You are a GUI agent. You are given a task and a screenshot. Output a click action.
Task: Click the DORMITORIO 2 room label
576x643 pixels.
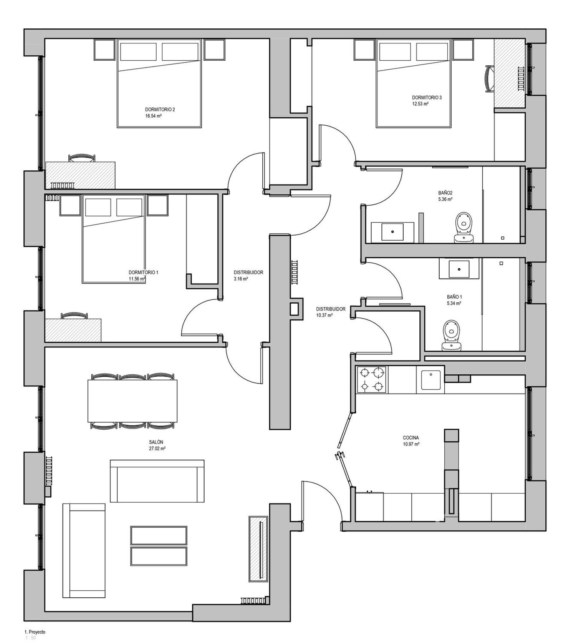click(160, 110)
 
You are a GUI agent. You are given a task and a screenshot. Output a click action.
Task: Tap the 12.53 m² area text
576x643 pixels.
click(420, 104)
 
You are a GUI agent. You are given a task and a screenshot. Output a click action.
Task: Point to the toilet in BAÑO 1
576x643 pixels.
click(452, 335)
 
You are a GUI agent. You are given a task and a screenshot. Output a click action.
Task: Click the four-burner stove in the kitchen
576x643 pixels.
click(372, 379)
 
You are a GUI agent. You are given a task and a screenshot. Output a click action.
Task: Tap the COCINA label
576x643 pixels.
click(411, 438)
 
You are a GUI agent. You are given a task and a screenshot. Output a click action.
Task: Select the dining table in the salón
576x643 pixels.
click(132, 400)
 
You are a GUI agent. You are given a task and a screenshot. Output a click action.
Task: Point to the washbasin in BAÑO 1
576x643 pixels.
click(459, 269)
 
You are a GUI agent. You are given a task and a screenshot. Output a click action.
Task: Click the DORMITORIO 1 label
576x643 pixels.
click(143, 272)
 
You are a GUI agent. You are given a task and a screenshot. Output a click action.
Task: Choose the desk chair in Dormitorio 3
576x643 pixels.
click(489, 79)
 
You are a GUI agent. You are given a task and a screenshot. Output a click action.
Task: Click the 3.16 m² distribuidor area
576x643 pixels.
click(241, 279)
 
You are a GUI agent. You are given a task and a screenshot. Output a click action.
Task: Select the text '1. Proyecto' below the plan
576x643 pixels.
click(35, 632)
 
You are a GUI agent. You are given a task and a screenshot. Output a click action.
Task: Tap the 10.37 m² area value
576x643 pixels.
click(324, 315)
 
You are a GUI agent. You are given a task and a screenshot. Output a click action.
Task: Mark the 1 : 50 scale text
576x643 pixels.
click(31, 638)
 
